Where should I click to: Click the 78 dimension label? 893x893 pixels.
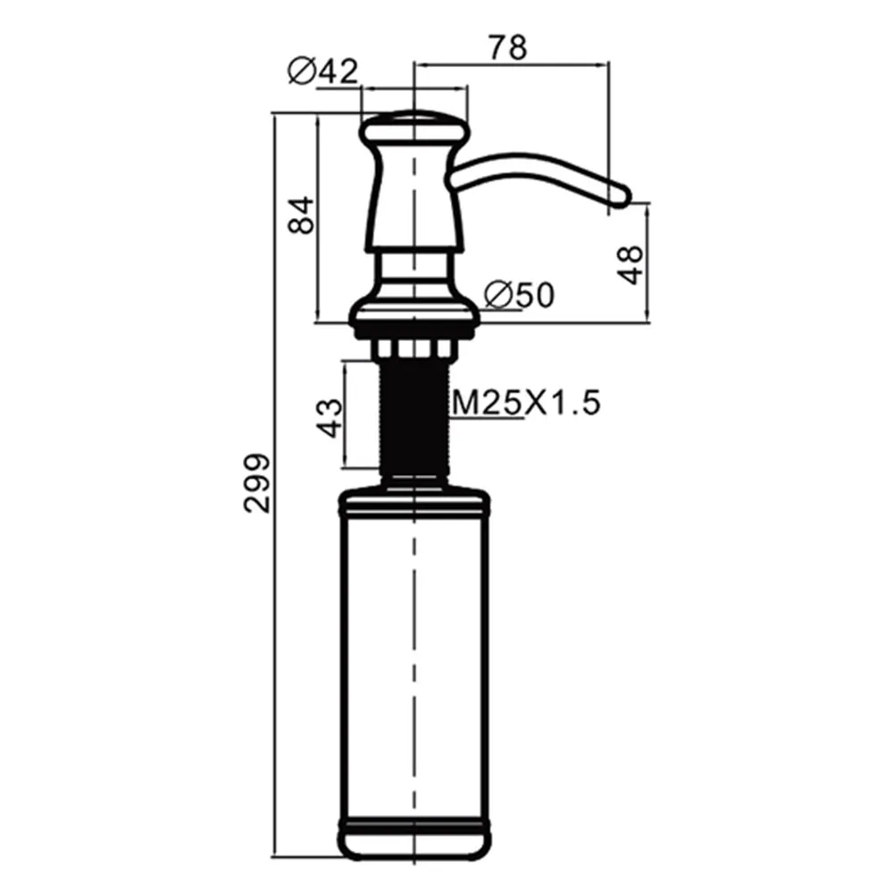[x=508, y=47]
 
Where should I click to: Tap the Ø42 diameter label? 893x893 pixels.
[x=323, y=71]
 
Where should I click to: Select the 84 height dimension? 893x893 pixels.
[x=301, y=214]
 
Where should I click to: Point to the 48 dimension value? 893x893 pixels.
[x=631, y=265]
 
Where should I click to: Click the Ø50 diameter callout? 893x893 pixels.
[x=519, y=295]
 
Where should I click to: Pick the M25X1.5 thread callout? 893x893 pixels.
[x=526, y=403]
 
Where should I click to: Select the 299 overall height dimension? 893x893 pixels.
[x=257, y=483]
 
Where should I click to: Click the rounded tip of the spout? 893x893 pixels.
[x=622, y=196]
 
